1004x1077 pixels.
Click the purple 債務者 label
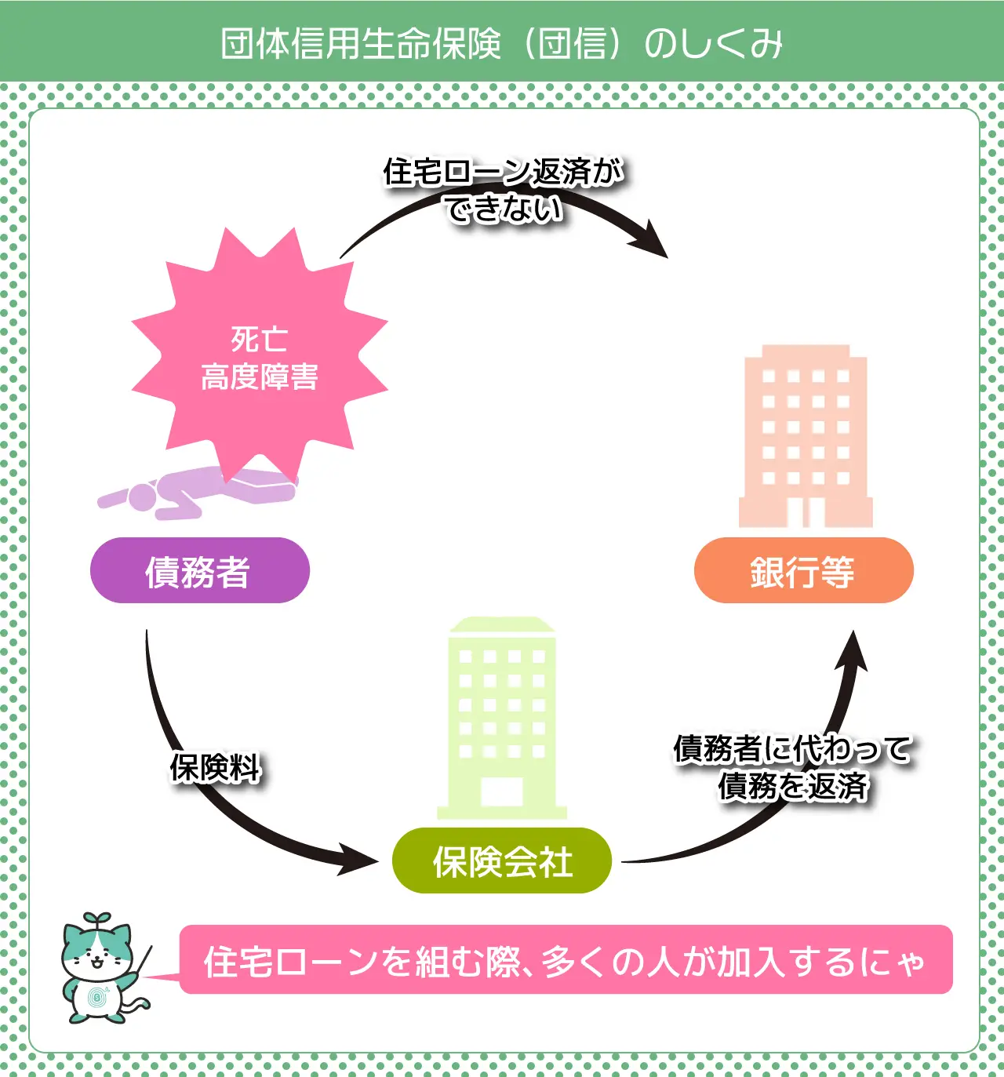click(x=200, y=570)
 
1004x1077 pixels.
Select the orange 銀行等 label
click(x=803, y=570)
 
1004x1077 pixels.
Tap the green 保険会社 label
click(x=502, y=861)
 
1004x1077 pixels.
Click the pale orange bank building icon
click(x=806, y=435)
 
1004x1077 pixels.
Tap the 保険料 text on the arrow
click(x=215, y=768)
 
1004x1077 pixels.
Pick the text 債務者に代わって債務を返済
click(x=792, y=767)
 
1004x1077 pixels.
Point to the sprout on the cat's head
click(x=97, y=919)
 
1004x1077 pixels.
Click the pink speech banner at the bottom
click(x=566, y=960)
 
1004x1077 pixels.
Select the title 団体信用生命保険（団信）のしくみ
click(x=502, y=43)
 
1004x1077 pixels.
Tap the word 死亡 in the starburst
click(x=260, y=339)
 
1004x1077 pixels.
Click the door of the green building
click(x=502, y=792)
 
